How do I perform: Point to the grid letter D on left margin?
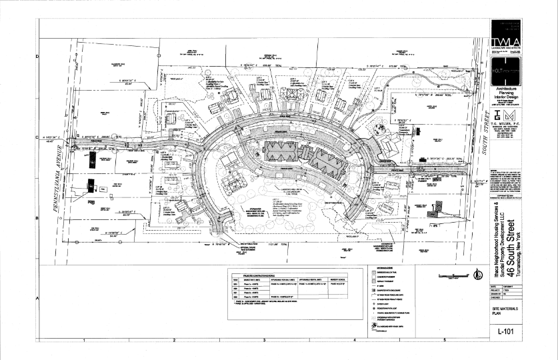tap(36, 57)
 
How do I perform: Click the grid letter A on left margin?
tap(36, 298)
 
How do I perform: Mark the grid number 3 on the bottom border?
tap(264, 340)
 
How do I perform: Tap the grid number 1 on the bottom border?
tap(84, 340)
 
